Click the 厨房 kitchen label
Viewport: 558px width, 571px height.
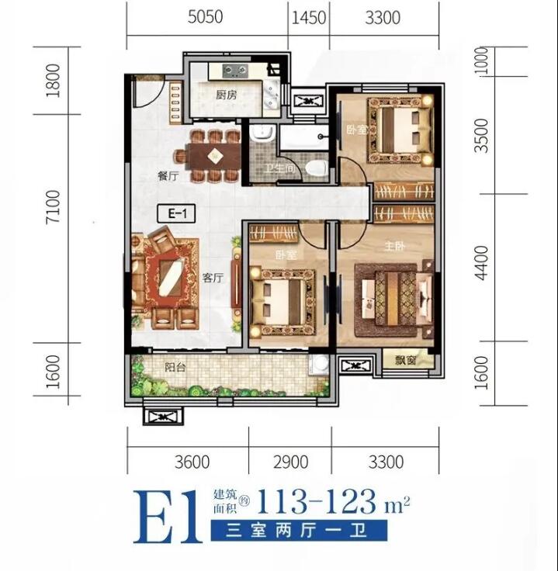click(226, 95)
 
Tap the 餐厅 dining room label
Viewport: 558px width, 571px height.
click(168, 176)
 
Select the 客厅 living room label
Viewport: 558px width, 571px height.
click(213, 279)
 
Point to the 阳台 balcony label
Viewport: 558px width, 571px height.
click(175, 367)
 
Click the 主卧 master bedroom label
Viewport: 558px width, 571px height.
click(394, 247)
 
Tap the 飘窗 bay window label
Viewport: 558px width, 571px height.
click(405, 360)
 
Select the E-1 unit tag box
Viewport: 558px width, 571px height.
click(176, 214)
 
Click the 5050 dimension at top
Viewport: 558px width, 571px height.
click(205, 17)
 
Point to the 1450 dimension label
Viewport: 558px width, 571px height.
click(309, 18)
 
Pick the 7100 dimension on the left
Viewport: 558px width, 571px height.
click(54, 206)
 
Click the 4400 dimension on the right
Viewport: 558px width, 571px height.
click(481, 263)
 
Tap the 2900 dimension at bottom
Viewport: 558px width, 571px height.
click(291, 462)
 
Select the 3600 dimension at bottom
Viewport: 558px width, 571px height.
click(192, 462)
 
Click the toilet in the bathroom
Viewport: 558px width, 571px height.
click(315, 168)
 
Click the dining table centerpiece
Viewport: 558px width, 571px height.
click(215, 156)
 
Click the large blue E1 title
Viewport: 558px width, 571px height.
click(167, 517)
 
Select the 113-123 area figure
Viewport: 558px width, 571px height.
click(316, 501)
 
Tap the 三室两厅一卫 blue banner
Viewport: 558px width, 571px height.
click(299, 530)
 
